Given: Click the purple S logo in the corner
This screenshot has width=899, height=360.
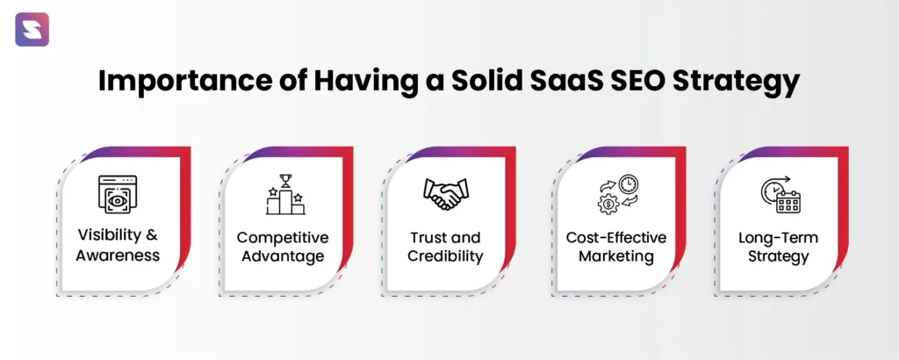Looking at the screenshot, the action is (x=32, y=29).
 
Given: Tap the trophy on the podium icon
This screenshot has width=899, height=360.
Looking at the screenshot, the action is (x=285, y=180).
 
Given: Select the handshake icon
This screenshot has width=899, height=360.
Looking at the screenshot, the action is (x=445, y=194).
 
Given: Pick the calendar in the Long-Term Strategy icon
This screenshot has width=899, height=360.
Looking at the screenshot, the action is (x=788, y=202).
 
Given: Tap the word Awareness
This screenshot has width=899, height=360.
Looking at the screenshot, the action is (x=118, y=256).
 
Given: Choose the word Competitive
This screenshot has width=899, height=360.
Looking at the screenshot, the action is (x=283, y=237).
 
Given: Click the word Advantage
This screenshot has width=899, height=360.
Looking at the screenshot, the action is (x=283, y=256).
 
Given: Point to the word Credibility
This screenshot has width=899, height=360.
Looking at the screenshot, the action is (x=445, y=256).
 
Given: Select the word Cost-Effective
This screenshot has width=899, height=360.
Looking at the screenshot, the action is (x=615, y=237).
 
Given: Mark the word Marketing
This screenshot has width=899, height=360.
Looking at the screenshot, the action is (x=615, y=256).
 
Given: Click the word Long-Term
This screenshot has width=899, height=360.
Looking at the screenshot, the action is (x=778, y=237).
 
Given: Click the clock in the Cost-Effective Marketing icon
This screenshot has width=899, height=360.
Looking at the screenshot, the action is (x=629, y=184).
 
